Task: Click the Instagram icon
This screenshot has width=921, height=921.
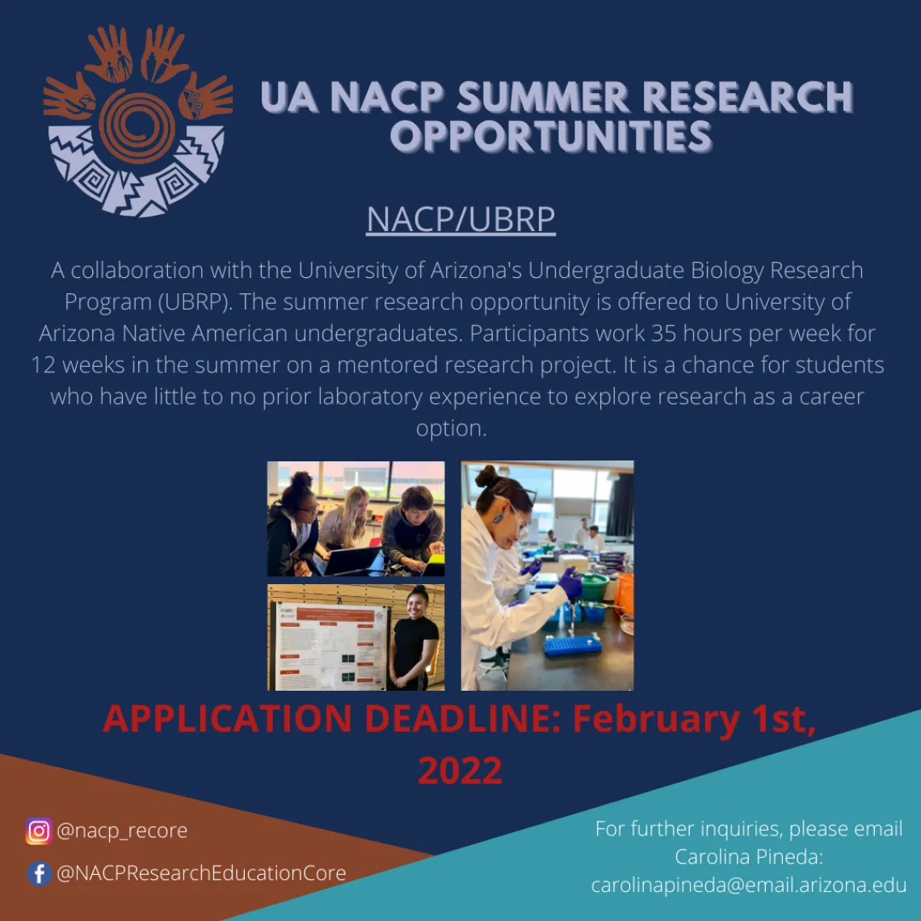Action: pyautogui.click(x=39, y=831)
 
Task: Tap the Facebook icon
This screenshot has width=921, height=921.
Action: pyautogui.click(x=39, y=873)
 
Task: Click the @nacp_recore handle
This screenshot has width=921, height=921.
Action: pyautogui.click(x=122, y=831)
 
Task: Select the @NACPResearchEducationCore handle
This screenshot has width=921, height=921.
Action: pyautogui.click(x=201, y=873)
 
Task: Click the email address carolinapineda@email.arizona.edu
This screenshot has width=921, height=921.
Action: pyautogui.click(x=749, y=885)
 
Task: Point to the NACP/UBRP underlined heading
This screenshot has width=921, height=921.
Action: pyautogui.click(x=460, y=220)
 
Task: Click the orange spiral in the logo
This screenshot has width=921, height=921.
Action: pyautogui.click(x=137, y=126)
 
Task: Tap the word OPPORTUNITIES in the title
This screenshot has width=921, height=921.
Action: pyautogui.click(x=551, y=137)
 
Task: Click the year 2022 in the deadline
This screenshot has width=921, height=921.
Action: pyautogui.click(x=460, y=770)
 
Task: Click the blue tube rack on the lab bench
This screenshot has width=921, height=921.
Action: pyautogui.click(x=573, y=645)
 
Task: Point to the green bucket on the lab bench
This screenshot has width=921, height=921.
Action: pyautogui.click(x=595, y=587)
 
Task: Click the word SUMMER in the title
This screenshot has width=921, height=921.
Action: pyautogui.click(x=544, y=97)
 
